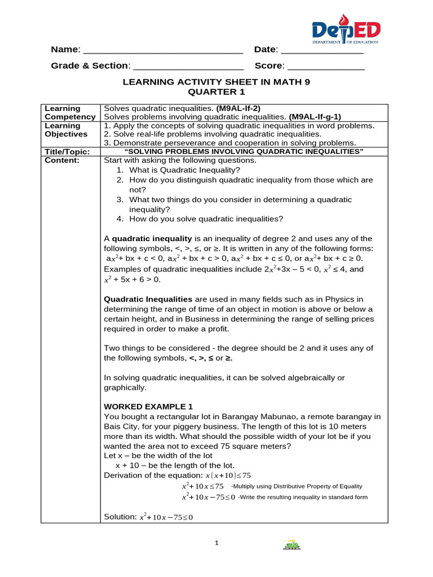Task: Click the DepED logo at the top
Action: tap(346, 31)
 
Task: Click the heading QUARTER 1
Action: tap(216, 92)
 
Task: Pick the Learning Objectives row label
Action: tap(66, 130)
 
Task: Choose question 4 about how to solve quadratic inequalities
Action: tap(206, 219)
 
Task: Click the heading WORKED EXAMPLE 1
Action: tap(148, 406)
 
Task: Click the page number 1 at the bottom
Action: tap(216, 543)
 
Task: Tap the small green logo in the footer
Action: tap(291, 545)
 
